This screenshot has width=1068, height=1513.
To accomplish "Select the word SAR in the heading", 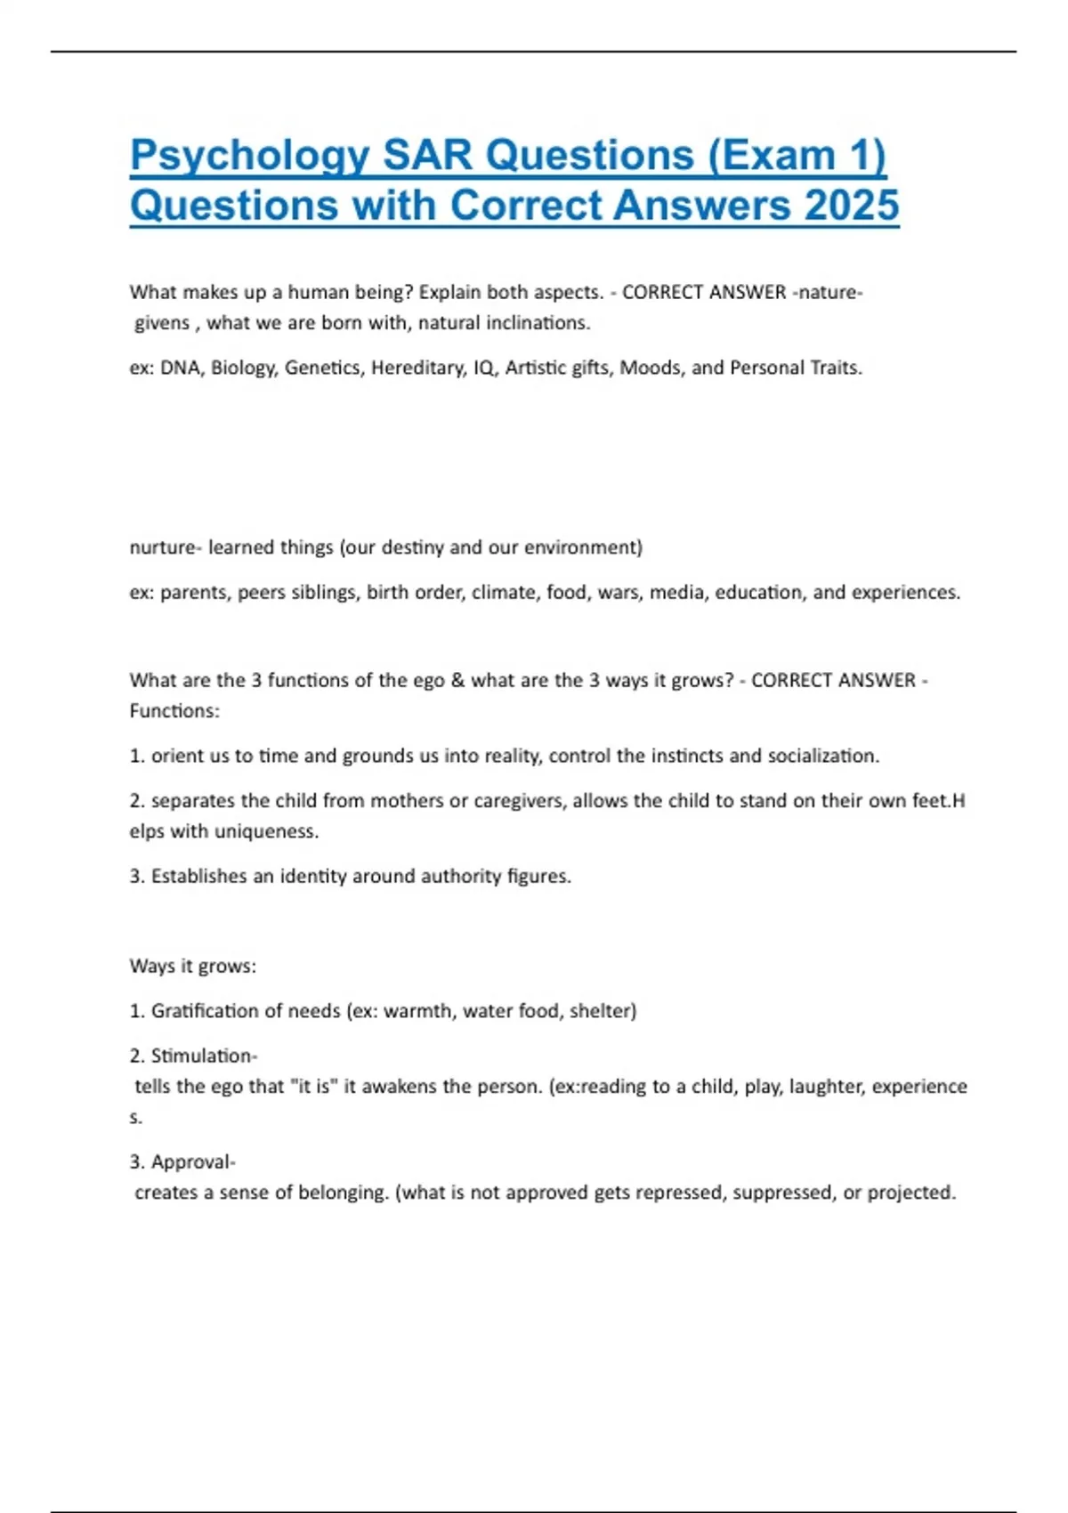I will (427, 156).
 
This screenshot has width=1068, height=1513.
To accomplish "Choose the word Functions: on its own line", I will (174, 710).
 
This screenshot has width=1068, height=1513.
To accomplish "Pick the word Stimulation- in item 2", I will (204, 1056).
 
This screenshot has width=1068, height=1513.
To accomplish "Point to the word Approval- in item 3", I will (193, 1161).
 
